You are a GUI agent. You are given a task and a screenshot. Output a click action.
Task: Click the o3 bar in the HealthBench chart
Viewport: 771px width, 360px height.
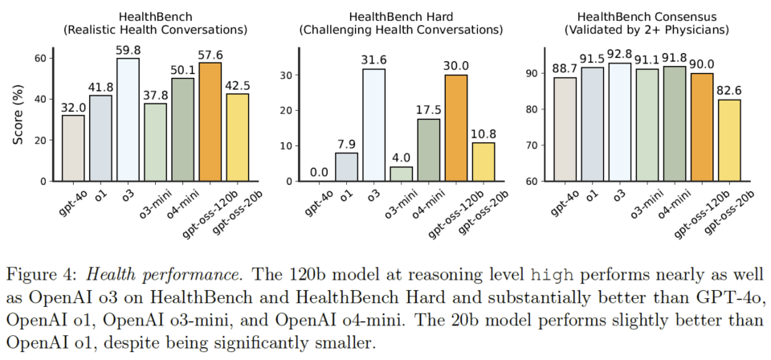[x=128, y=120]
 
